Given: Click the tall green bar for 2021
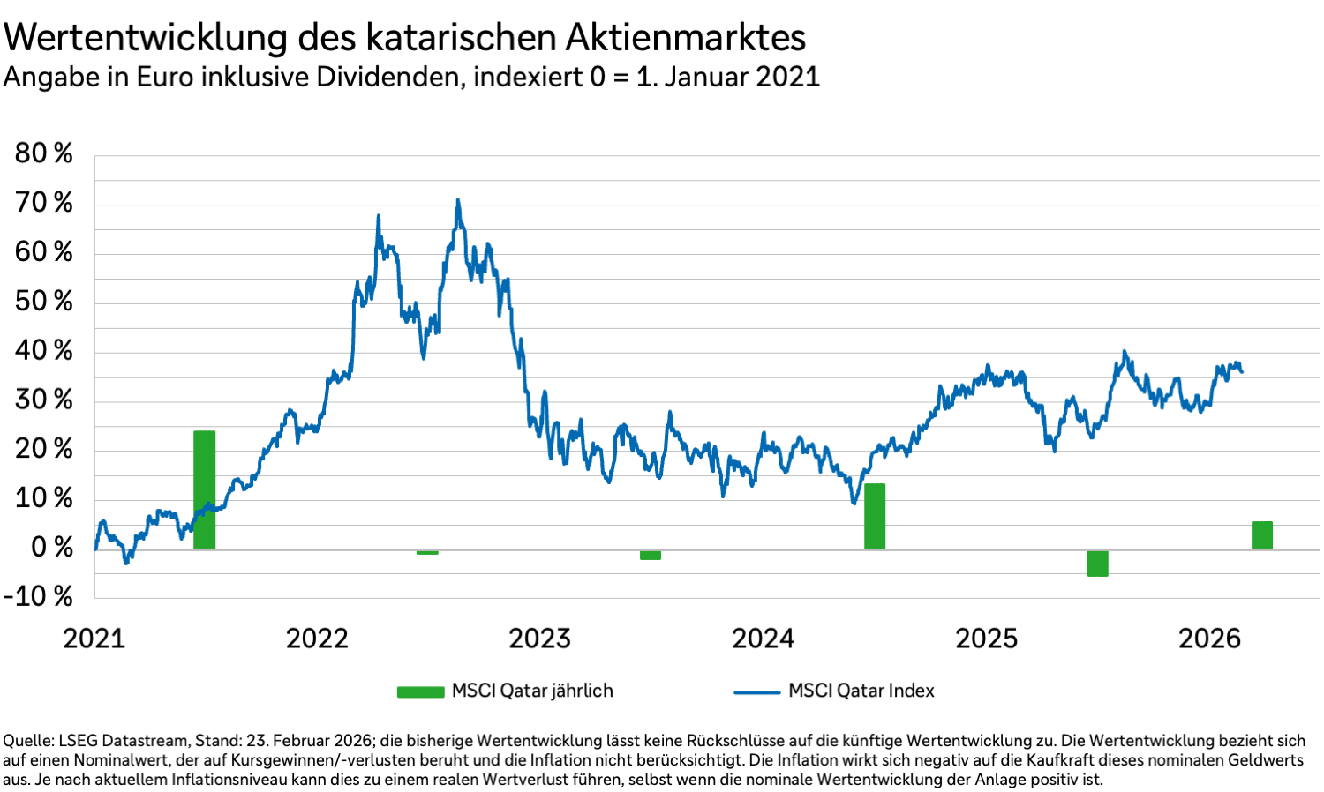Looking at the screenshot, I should pos(204,489).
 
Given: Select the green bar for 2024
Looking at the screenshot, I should pos(874,516).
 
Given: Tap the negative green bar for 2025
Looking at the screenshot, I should pos(1097,563).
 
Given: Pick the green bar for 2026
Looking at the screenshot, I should pos(1261,535).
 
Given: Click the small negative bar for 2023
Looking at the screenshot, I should pos(651,555).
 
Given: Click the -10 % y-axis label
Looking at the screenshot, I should pos(39,596).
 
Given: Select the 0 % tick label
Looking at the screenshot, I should pos(51,547).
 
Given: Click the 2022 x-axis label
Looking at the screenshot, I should pos(317,639).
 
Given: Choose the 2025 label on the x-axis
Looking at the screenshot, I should pos(986,639).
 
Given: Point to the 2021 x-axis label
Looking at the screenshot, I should pos(94,639).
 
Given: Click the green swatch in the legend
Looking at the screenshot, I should pos(420,691).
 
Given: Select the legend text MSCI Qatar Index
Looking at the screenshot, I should pos(861,691).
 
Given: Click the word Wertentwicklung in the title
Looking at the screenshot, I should pos(147,38).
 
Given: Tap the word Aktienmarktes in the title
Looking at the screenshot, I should pos(684,38).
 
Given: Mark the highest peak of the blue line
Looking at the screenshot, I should pos(457,200).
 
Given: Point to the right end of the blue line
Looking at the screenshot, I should pos(1242,371).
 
